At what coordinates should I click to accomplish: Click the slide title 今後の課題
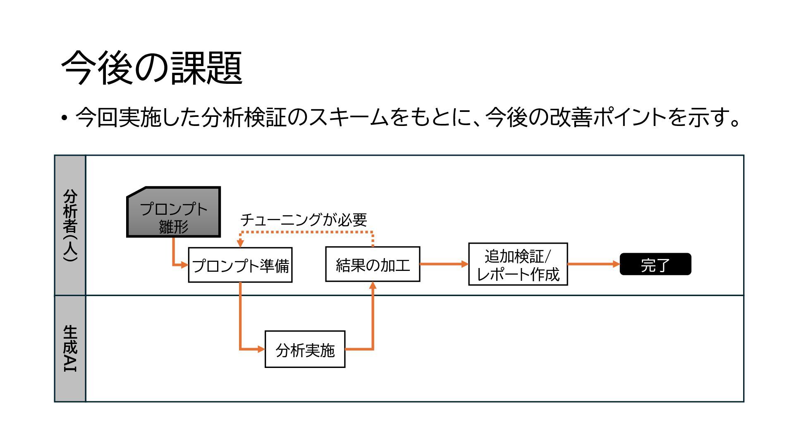point(151,68)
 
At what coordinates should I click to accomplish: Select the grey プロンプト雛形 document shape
point(173,212)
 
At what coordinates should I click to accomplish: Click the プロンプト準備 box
point(240,265)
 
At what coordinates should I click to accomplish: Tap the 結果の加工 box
point(373,264)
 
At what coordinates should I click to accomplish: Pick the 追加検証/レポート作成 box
point(518,264)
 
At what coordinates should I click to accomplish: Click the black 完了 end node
point(655,264)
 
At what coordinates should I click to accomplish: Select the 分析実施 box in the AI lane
point(305,349)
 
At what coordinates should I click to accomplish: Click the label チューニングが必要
point(304,219)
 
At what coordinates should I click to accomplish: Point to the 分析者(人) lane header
point(70,225)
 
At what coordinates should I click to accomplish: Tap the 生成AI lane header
point(70,349)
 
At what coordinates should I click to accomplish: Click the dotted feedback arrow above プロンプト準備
point(306,232)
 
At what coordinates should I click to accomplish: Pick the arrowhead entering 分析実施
point(261,349)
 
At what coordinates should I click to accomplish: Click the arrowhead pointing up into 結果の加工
point(373,285)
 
